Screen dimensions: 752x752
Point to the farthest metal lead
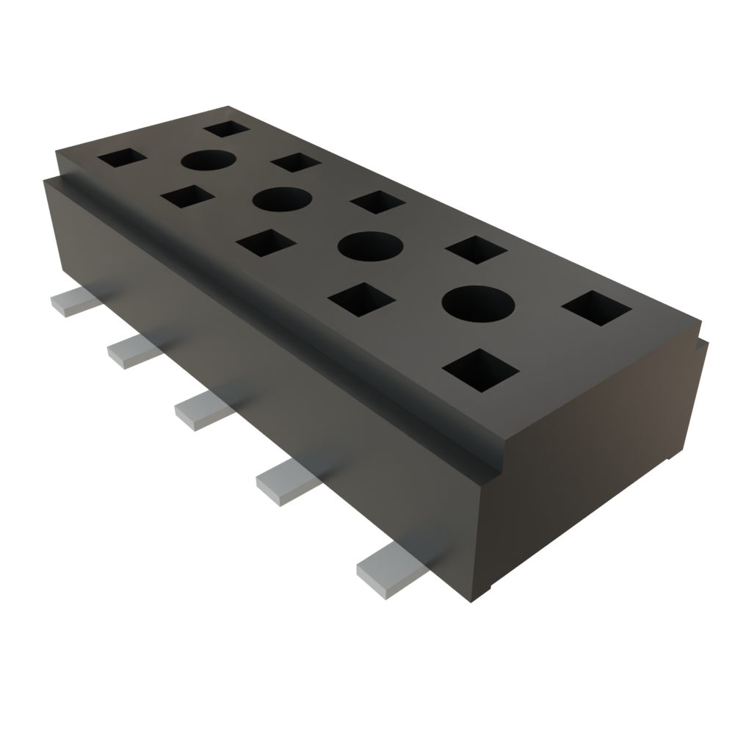73,301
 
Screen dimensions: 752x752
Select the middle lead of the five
203,408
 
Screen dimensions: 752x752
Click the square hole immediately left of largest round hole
363,301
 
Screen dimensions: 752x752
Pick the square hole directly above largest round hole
476,250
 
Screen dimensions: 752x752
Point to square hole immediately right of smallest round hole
294,162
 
